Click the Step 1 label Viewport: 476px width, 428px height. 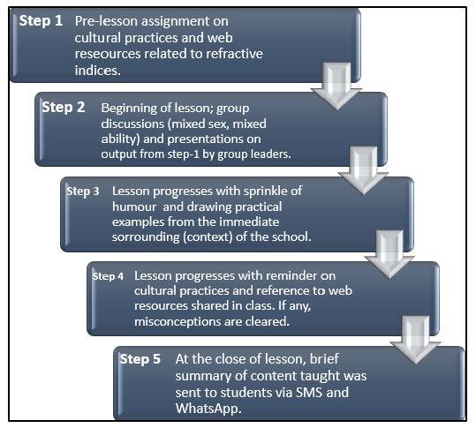(41, 21)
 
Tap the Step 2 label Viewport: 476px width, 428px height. (64, 108)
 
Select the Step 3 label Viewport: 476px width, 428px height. (83, 191)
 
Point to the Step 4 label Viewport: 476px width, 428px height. (108, 276)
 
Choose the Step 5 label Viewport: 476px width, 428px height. (140, 359)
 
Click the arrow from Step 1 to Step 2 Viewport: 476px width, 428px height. (336, 86)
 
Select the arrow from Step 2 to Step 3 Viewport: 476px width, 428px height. (363, 170)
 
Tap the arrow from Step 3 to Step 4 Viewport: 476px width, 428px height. (389, 254)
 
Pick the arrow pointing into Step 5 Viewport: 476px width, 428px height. (415, 340)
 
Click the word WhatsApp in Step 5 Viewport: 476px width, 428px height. (208, 409)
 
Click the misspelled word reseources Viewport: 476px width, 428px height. (108, 54)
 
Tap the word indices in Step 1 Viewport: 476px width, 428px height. (98, 70)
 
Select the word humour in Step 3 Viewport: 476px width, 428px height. (134, 206)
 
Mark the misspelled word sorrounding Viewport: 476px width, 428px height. (146, 237)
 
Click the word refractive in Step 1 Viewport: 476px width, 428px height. (234, 54)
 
